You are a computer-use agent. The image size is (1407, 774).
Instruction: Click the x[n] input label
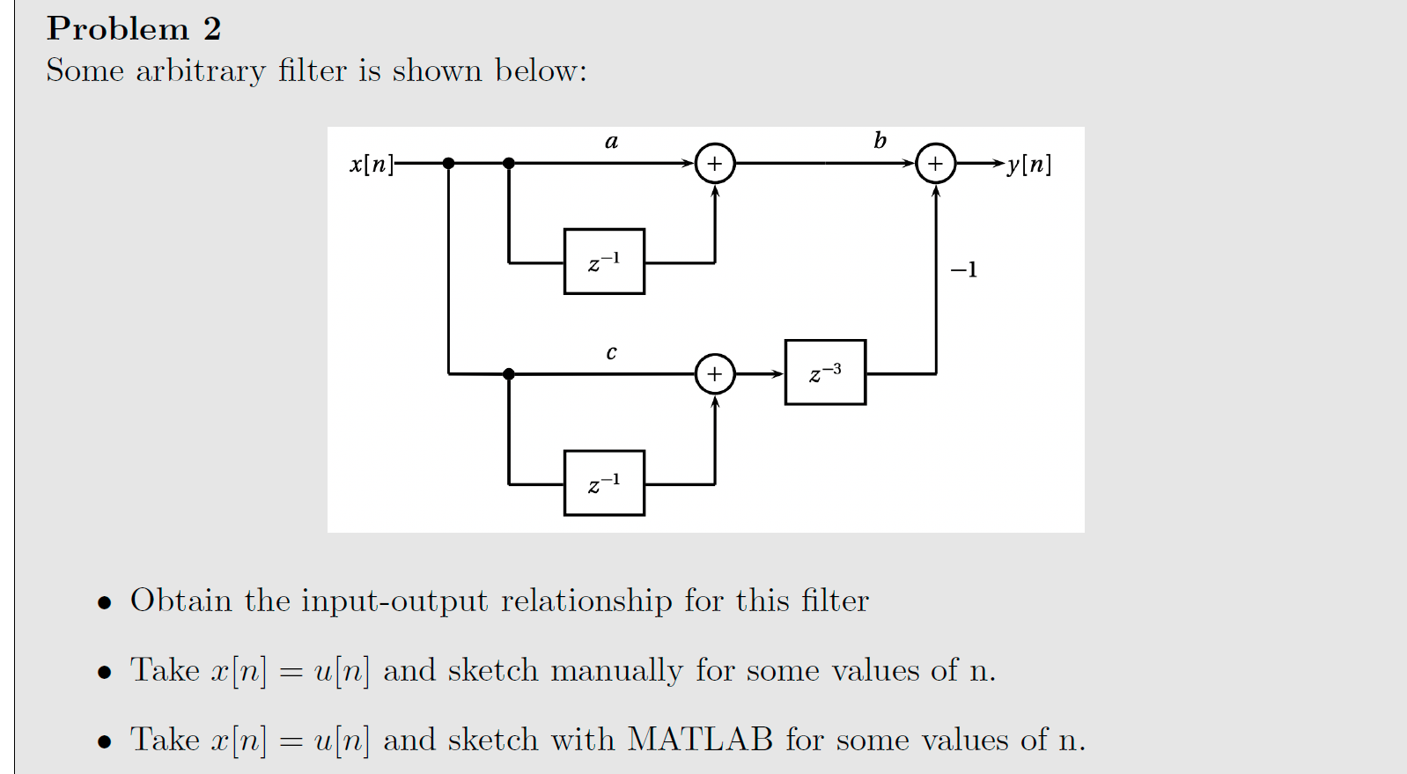(x=371, y=164)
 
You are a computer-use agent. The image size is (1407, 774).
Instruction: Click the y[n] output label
(x=1028, y=164)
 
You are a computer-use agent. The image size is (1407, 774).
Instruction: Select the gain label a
(x=612, y=141)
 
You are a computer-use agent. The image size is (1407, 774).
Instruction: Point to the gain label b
(x=880, y=140)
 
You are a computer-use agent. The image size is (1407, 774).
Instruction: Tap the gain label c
(x=612, y=353)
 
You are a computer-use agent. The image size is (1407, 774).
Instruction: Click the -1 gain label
(x=963, y=269)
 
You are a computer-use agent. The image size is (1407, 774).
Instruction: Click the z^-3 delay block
(x=825, y=372)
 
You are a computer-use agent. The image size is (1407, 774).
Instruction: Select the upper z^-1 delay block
(x=604, y=262)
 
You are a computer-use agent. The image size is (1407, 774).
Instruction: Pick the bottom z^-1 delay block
(x=604, y=483)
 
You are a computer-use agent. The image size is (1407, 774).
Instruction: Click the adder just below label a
(x=715, y=164)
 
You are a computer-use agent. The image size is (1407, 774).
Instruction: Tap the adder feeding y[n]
(x=935, y=164)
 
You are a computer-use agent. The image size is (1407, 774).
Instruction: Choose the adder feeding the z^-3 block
(x=715, y=374)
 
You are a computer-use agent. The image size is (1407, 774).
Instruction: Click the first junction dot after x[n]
(x=448, y=163)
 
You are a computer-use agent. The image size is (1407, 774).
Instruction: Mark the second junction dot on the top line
(x=508, y=163)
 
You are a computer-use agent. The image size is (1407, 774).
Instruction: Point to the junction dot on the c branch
(x=508, y=374)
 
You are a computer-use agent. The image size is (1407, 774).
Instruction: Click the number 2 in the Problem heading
(x=211, y=29)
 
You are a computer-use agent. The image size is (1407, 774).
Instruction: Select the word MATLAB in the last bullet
(x=700, y=740)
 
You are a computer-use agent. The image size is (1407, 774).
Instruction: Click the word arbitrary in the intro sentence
(x=200, y=70)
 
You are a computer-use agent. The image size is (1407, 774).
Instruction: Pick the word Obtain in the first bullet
(x=180, y=601)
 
